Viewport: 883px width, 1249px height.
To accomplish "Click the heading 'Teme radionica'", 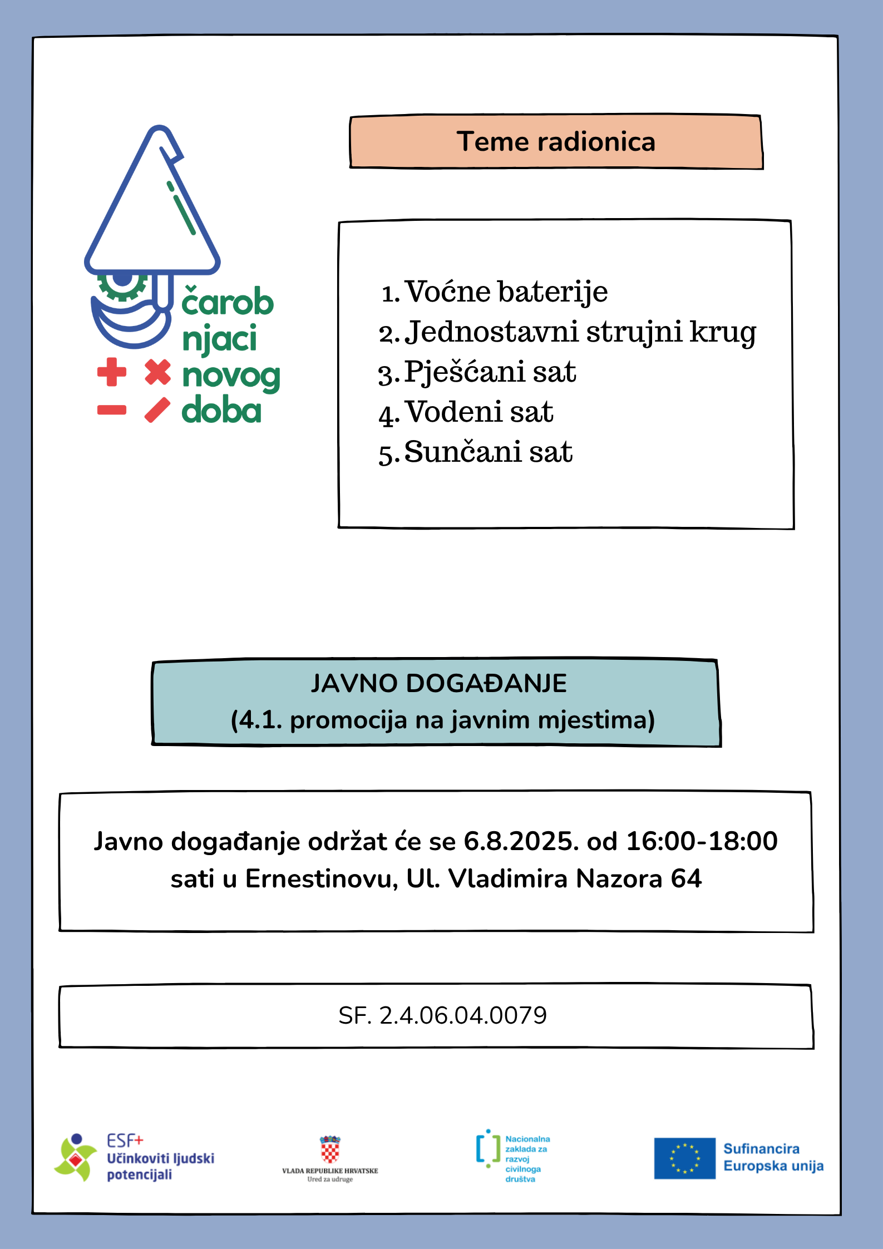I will pyautogui.click(x=556, y=142).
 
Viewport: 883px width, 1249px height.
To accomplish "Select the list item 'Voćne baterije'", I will pyautogui.click(x=506, y=292).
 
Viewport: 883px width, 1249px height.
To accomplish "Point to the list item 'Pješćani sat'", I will pyautogui.click(x=490, y=372).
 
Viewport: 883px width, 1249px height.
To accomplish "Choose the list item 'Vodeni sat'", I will pyautogui.click(x=479, y=412).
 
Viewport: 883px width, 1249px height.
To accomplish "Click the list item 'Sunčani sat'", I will pyautogui.click(x=488, y=452).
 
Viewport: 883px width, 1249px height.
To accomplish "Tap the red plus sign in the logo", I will pyautogui.click(x=111, y=372).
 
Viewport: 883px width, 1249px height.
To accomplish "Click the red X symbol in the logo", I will pyautogui.click(x=157, y=372).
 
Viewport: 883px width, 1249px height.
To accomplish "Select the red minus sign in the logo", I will pyautogui.click(x=111, y=411).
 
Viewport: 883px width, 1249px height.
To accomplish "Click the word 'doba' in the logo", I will pyautogui.click(x=221, y=411).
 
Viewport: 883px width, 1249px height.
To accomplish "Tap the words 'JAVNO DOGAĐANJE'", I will pyautogui.click(x=438, y=683).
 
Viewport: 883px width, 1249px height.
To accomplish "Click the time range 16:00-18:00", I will pyautogui.click(x=702, y=841).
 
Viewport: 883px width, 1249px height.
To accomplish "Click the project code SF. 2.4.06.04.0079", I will pyautogui.click(x=442, y=1015).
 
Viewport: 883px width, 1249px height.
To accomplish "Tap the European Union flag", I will pyautogui.click(x=684, y=1158).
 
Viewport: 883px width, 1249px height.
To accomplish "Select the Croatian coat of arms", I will pyautogui.click(x=330, y=1149).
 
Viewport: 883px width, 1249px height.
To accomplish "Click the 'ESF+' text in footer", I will pyautogui.click(x=125, y=1141).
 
